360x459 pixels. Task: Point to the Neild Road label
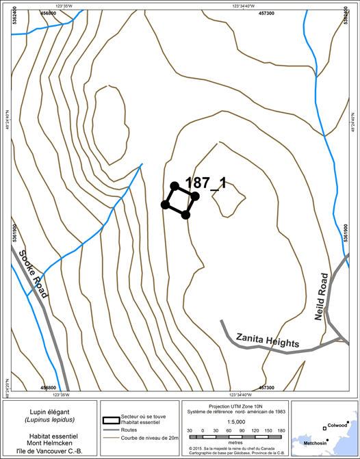(325, 293)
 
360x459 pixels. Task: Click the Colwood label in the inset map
(337, 425)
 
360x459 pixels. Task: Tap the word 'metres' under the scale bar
(234, 443)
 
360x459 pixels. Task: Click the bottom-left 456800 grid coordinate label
(49, 389)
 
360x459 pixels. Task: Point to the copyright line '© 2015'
(234, 448)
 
